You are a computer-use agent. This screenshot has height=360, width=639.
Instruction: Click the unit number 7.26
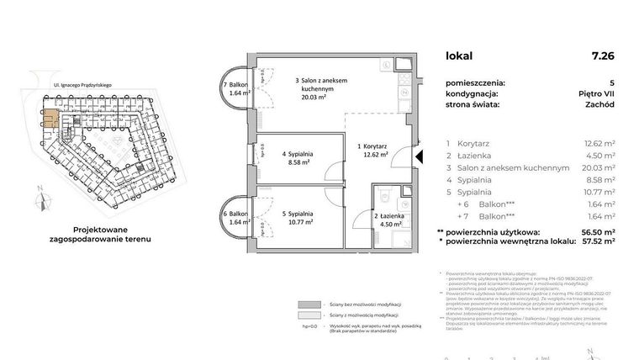coord(603,56)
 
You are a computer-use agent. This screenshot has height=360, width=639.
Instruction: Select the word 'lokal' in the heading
coord(459,56)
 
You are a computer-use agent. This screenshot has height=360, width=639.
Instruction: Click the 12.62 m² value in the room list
coord(599,144)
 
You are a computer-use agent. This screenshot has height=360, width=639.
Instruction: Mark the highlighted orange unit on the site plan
coord(52,118)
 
